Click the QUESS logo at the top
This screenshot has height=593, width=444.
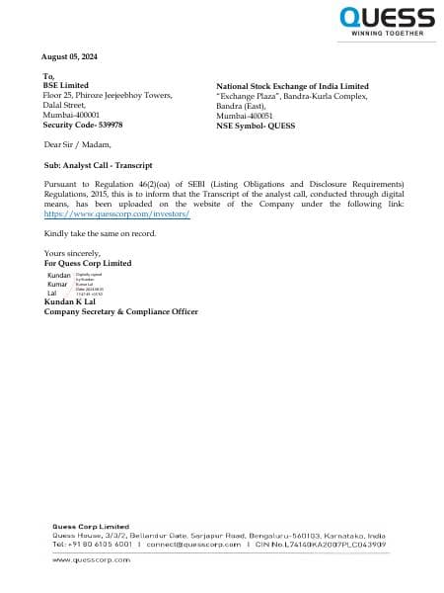click(x=387, y=18)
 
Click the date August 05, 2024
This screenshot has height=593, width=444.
click(x=71, y=56)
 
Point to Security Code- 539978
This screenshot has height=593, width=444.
click(x=84, y=125)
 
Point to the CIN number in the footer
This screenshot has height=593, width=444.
click(x=316, y=544)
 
